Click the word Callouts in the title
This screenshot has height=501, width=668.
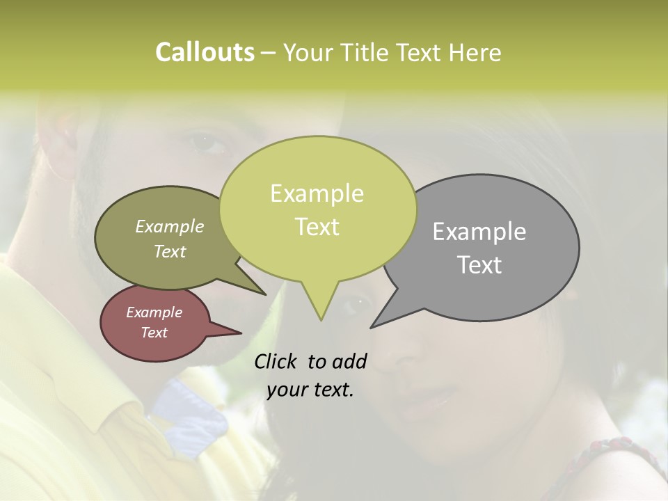205,52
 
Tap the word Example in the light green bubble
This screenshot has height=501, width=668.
317,193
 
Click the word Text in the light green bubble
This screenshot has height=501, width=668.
317,227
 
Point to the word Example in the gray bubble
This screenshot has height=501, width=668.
479,232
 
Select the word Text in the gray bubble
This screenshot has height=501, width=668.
479,265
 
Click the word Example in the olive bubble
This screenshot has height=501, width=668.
170,226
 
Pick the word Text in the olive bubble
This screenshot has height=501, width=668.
170,251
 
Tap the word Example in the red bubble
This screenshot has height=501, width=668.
154,312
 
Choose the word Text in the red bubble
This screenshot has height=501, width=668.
154,333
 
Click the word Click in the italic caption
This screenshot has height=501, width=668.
276,361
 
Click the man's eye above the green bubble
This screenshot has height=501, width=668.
206,141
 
